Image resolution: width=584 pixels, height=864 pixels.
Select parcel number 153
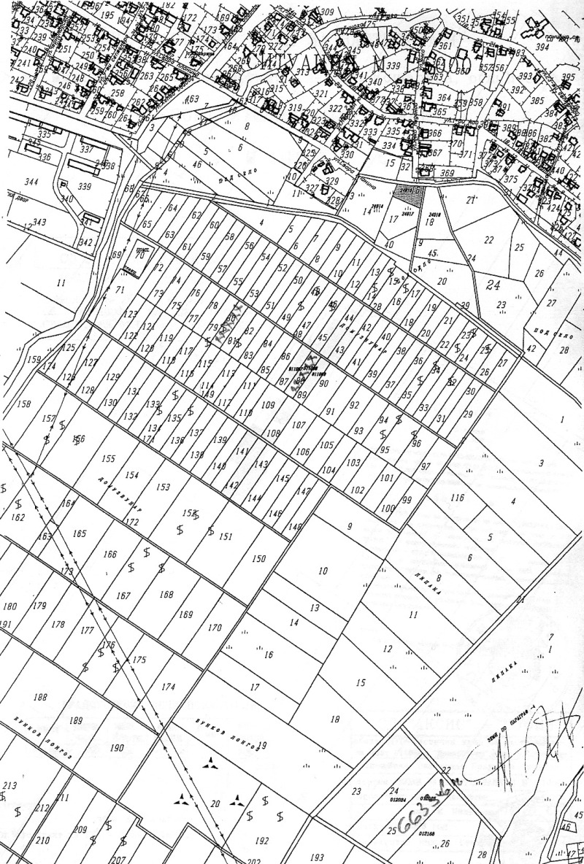163,487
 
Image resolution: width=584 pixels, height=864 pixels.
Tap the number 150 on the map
258,559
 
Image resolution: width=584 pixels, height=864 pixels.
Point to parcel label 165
80,534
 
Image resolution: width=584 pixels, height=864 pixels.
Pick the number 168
166,595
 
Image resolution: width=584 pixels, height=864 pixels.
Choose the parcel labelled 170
214,628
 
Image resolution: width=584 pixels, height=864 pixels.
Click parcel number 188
40,698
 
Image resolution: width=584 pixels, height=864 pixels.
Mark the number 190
117,748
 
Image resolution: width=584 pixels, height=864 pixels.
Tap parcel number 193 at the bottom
317,857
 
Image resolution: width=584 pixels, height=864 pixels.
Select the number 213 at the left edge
9,786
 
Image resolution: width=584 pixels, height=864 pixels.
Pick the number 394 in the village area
561,47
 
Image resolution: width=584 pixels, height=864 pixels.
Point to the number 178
58,625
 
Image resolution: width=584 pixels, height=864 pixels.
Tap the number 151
226,537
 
